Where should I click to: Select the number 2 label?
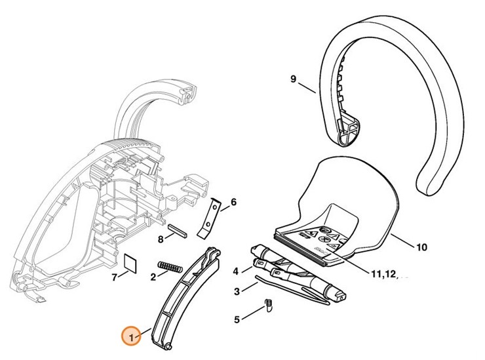click(153, 277)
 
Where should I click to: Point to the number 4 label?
click(235, 270)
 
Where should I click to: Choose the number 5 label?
click(237, 320)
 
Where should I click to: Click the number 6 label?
click(233, 202)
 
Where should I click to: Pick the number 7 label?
click(115, 277)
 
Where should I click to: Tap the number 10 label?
click(421, 247)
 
